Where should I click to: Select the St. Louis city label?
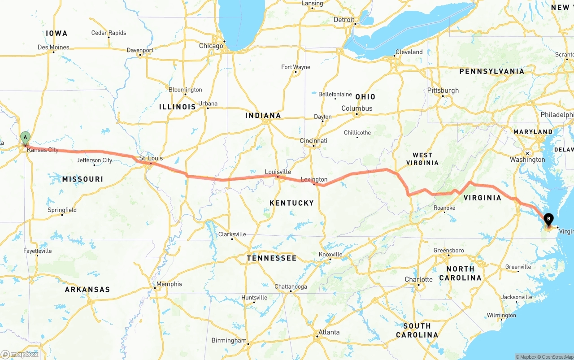151,158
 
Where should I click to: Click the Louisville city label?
278,172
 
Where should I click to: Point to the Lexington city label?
314,179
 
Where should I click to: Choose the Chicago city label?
211,46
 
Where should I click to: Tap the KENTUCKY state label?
291,203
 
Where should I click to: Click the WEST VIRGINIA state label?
422,159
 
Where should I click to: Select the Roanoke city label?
444,208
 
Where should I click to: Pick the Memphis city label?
169,284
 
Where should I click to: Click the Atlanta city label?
329,332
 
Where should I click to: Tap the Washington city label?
527,160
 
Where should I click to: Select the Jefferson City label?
94,160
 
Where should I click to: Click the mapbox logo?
20,354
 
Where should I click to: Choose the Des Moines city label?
53,47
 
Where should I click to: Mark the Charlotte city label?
418,279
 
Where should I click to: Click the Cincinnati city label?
313,140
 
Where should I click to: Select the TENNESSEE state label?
271,258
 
